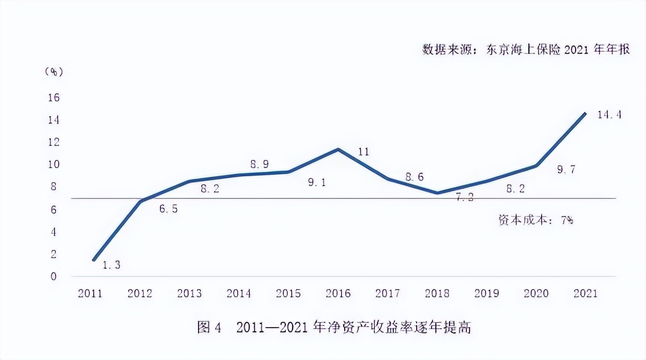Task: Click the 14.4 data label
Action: (x=609, y=114)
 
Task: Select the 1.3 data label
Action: (x=111, y=265)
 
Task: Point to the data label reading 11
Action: (x=363, y=152)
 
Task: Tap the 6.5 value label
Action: (x=168, y=209)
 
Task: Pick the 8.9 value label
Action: (x=259, y=164)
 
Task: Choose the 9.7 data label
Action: (x=566, y=169)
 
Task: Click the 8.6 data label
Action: (x=415, y=177)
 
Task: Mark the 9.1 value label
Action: (x=317, y=183)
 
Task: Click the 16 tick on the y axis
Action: (x=54, y=98)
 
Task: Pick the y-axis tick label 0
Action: (x=53, y=276)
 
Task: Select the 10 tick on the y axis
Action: (x=54, y=165)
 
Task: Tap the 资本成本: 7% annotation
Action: (x=536, y=220)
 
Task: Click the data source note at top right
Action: (x=525, y=50)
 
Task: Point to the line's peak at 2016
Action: (x=338, y=149)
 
